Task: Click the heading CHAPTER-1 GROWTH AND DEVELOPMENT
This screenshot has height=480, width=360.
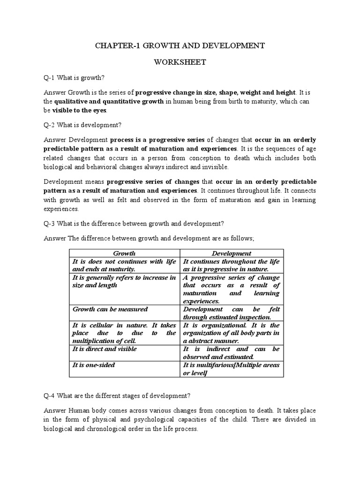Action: point(180,45)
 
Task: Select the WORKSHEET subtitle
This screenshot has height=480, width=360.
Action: point(180,62)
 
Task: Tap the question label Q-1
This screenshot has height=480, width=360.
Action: point(49,78)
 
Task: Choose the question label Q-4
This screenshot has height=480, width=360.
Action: point(49,395)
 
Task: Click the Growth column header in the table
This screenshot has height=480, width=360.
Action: point(124,253)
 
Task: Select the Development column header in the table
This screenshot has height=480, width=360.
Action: point(231,253)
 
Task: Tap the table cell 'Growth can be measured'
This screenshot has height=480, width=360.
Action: point(110,309)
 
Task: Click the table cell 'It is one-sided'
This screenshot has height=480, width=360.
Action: point(94,364)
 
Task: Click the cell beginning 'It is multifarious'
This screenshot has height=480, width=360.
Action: point(231,368)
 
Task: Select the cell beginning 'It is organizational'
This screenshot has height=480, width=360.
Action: point(231,333)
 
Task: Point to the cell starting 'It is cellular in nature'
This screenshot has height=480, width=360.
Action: point(124,333)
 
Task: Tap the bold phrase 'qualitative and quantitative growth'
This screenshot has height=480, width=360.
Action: point(109,101)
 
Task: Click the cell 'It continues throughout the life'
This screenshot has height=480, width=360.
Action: point(231,265)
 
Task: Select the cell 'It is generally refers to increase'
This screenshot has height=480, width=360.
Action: point(124,281)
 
